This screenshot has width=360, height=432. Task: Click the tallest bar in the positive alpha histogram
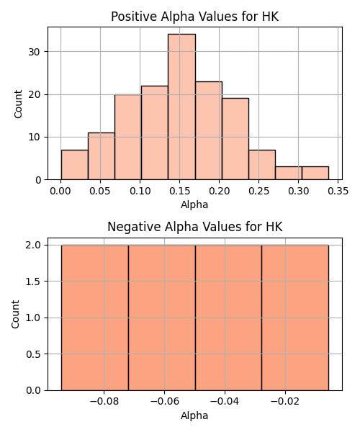point(181,107)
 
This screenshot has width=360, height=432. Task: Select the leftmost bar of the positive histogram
point(75,165)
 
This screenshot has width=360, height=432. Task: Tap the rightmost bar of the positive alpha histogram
point(315,173)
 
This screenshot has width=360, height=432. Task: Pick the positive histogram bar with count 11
point(102,156)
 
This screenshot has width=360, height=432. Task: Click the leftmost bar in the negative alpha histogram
point(95,318)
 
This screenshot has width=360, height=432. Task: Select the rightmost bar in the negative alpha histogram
point(295,318)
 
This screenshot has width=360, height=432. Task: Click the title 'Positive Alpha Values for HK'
point(194,17)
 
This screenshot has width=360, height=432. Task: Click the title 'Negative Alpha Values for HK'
point(194,227)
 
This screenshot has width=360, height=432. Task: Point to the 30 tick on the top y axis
point(35,52)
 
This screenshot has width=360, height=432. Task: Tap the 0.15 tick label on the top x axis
point(179,191)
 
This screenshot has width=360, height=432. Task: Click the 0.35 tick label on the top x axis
point(338,191)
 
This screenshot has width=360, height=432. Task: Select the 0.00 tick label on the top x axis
point(60,191)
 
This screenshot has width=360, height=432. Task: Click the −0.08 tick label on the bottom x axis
point(104,402)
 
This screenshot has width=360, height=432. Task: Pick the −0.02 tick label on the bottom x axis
point(285,402)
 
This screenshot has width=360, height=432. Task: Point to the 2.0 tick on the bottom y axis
point(33,246)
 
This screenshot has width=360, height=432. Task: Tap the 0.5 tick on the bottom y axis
point(33,354)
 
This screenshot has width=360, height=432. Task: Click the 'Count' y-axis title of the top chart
point(18,104)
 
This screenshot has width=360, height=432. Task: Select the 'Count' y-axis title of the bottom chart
point(15,315)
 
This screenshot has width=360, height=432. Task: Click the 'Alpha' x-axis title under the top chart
point(194,204)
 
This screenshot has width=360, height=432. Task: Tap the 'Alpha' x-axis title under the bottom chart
point(194,415)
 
